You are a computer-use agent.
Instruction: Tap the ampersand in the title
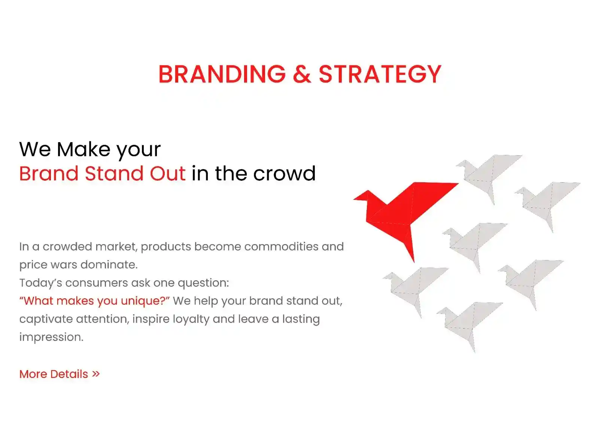[x=302, y=74]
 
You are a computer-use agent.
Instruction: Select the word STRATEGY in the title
[x=380, y=74]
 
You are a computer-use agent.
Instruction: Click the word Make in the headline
[x=83, y=149]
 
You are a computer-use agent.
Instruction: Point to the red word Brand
[x=49, y=174]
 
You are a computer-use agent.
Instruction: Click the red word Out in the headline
[x=168, y=174]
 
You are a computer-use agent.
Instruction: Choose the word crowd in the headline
[x=285, y=174]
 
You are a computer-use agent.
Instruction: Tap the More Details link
[x=60, y=374]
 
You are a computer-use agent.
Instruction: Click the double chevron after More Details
[x=96, y=374]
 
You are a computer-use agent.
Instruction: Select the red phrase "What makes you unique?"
[x=94, y=301]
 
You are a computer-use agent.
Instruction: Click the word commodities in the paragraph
[x=281, y=247]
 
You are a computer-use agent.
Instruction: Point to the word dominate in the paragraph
[x=109, y=265]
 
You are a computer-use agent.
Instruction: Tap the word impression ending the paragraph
[x=51, y=338]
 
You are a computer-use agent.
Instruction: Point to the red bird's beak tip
[x=353, y=199]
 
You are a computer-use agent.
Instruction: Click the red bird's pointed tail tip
[x=414, y=262]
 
